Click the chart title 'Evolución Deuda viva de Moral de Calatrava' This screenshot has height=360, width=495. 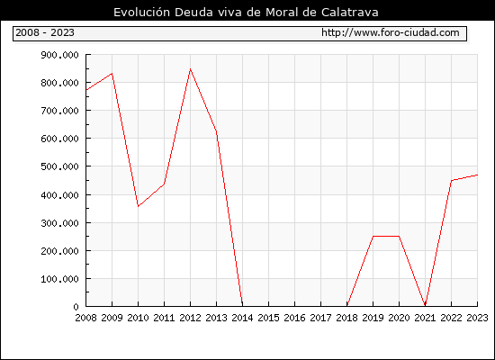[246, 13]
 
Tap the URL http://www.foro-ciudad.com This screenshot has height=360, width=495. [391, 32]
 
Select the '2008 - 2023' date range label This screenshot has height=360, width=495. [45, 32]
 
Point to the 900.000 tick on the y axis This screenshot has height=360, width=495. [59, 55]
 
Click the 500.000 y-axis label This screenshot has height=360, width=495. [59, 166]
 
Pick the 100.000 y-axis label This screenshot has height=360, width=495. [59, 279]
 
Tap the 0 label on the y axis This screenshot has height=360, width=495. [76, 307]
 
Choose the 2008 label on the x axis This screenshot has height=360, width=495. [85, 318]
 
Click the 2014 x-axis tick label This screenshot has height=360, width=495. [242, 318]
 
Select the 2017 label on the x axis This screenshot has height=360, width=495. [320, 318]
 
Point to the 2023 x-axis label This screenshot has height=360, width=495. [477, 318]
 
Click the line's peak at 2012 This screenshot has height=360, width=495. [190, 68]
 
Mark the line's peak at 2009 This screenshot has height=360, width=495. [112, 74]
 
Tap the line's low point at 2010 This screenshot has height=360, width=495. [138, 206]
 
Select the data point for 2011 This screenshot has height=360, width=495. [164, 184]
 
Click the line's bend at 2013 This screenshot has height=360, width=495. [216, 132]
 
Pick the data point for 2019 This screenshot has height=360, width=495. [373, 236]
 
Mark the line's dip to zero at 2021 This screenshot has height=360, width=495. [425, 305]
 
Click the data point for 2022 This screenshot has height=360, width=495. [451, 181]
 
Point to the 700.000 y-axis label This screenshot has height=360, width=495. [59, 111]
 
